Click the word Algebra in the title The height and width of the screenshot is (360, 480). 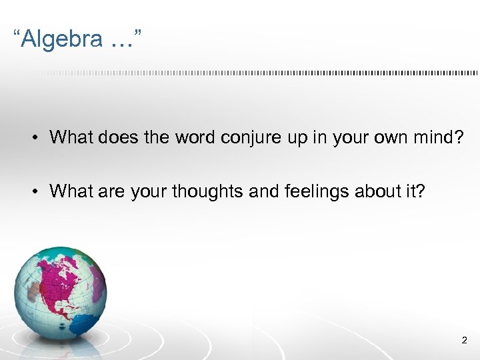61,40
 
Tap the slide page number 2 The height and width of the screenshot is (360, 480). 464,341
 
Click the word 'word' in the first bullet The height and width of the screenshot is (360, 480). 195,137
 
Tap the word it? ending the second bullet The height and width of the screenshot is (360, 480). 416,191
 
